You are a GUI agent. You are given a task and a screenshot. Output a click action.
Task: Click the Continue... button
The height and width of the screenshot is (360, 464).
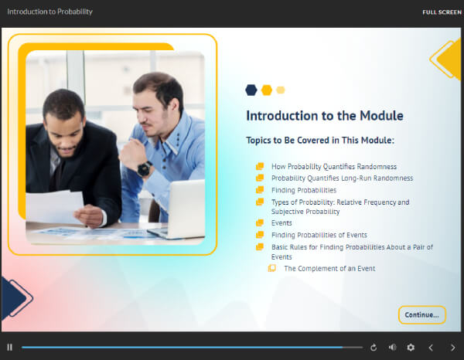point(422,314)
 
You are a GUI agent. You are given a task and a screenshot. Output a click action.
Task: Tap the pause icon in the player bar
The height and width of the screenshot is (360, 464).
point(9,348)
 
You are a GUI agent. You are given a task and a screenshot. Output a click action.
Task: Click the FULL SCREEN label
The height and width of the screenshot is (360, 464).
point(442,12)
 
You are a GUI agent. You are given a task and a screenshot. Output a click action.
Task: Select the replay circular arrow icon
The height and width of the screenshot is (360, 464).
point(374,348)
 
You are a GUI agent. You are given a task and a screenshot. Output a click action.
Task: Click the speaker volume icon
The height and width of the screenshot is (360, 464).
point(392,348)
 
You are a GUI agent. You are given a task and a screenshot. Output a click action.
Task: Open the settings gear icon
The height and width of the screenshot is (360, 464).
point(411,348)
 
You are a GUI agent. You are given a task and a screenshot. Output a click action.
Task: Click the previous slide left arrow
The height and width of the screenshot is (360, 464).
point(431,348)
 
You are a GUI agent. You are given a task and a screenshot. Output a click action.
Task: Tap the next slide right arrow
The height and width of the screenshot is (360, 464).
point(452,348)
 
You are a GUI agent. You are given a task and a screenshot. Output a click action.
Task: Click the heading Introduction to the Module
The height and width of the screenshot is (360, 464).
point(324,116)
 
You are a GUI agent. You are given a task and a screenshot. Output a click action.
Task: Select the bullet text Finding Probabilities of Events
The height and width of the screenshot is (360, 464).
point(319,235)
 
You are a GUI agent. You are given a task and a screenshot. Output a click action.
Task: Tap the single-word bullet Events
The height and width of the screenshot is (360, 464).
point(281,222)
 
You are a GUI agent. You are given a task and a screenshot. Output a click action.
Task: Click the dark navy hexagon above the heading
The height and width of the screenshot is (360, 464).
point(251,90)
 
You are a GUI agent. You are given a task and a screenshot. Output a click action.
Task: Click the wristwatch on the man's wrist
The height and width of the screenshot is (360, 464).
point(144,168)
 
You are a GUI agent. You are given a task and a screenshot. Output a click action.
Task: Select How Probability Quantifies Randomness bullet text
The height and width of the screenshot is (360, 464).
point(333,166)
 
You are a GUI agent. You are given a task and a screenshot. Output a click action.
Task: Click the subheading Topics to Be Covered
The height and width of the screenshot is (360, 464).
point(319,141)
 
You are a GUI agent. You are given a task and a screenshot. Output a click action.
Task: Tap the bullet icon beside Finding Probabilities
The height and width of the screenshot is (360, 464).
point(260,190)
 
